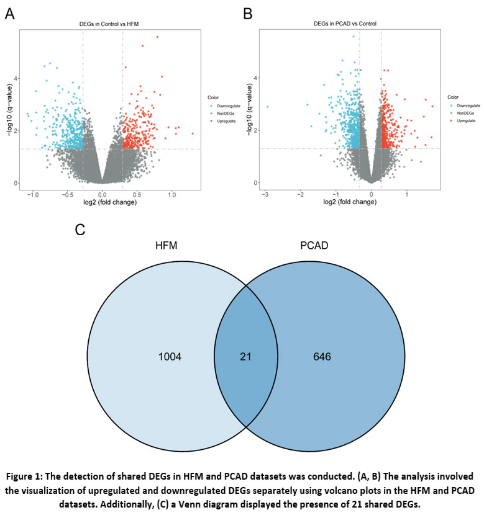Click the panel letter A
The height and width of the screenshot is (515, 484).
pyautogui.click(x=10, y=14)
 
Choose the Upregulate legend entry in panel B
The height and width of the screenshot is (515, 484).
pyautogui.click(x=465, y=121)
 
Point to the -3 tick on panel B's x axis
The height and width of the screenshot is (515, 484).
pyautogui.click(x=266, y=194)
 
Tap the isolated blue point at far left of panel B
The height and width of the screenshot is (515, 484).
pyautogui.click(x=267, y=107)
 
